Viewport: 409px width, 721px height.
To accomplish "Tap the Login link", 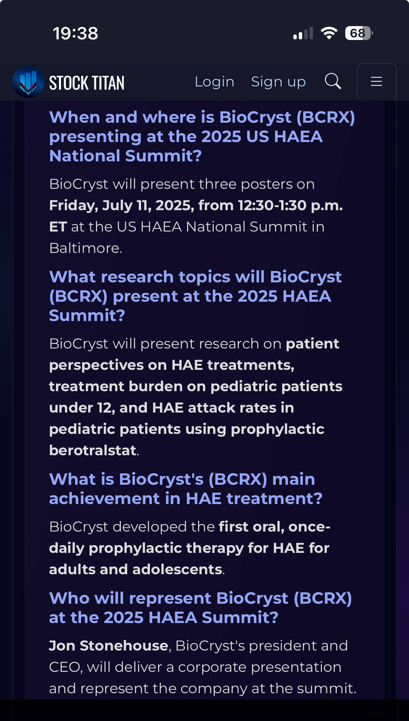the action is (214, 82).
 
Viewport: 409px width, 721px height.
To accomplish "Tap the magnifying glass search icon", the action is (333, 81).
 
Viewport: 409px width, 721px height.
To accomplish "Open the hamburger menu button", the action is (376, 82).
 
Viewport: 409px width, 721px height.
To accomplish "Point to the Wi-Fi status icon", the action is (329, 33).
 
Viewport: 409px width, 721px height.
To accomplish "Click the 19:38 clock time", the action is (75, 34).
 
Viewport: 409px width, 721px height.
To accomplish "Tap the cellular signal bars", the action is (303, 34).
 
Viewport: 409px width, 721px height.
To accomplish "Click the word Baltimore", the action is (85, 248).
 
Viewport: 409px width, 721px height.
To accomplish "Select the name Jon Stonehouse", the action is (109, 646).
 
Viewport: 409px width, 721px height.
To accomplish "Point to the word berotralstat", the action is (93, 450).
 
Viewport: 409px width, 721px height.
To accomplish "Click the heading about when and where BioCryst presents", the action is (202, 137).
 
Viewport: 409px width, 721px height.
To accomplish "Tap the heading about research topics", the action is (195, 296).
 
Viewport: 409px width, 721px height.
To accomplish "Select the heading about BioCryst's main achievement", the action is (186, 489).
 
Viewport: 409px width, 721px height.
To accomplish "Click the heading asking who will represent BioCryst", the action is (200, 608).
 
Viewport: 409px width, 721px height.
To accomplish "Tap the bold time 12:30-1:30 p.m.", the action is (290, 205).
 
